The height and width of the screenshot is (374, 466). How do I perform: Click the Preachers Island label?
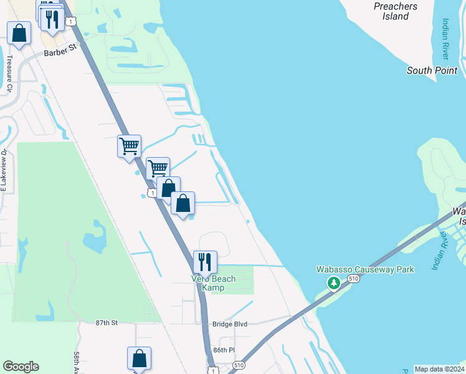396,11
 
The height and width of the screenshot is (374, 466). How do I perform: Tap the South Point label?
432,70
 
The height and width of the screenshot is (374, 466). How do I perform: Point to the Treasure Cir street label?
9,75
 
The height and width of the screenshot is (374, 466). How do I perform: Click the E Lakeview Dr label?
4,171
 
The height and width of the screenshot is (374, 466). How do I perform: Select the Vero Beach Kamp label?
213,283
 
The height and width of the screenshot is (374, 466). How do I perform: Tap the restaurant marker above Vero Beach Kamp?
205,262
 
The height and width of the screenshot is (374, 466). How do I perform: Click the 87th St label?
106,323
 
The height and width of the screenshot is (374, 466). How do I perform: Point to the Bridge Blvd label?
230,324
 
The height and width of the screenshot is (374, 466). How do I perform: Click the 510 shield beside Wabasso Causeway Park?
354,278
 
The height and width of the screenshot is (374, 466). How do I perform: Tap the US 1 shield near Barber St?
72,21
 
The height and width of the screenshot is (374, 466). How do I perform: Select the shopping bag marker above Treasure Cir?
19,32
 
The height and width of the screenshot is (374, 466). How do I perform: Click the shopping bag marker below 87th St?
139,358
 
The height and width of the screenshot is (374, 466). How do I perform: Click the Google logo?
21,367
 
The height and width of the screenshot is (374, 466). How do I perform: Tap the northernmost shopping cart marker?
129,146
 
